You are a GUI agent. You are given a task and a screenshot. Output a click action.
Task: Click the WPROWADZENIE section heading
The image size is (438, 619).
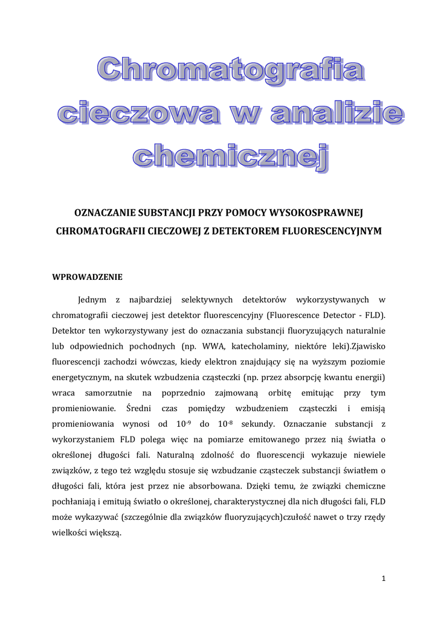coord(87,277)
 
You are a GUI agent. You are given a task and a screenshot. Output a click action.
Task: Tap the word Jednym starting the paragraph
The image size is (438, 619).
coord(93,300)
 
